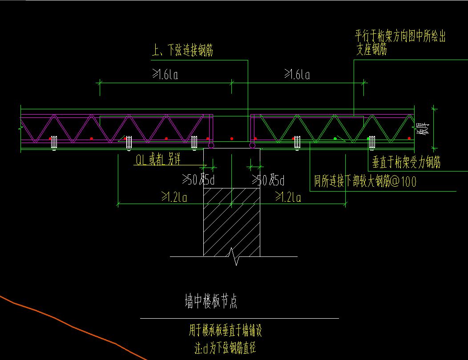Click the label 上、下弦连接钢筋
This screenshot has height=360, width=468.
point(182,51)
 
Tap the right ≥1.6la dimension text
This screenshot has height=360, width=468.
point(297,75)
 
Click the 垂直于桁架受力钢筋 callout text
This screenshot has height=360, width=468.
point(406,163)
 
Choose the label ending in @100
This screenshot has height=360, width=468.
point(365,181)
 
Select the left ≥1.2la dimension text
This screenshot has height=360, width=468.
point(174,197)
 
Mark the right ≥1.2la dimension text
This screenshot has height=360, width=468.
point(288,197)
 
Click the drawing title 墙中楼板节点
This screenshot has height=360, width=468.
point(211,302)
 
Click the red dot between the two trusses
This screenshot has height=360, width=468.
point(232,139)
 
